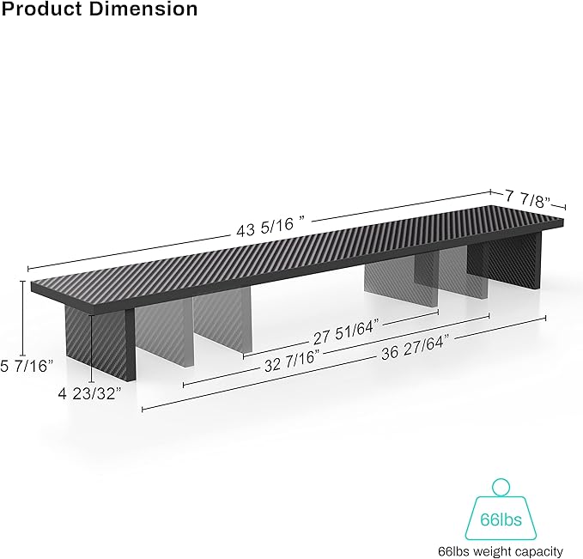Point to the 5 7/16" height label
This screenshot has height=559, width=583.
click(x=27, y=364)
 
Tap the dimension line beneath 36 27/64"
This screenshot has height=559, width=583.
click(x=343, y=364)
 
